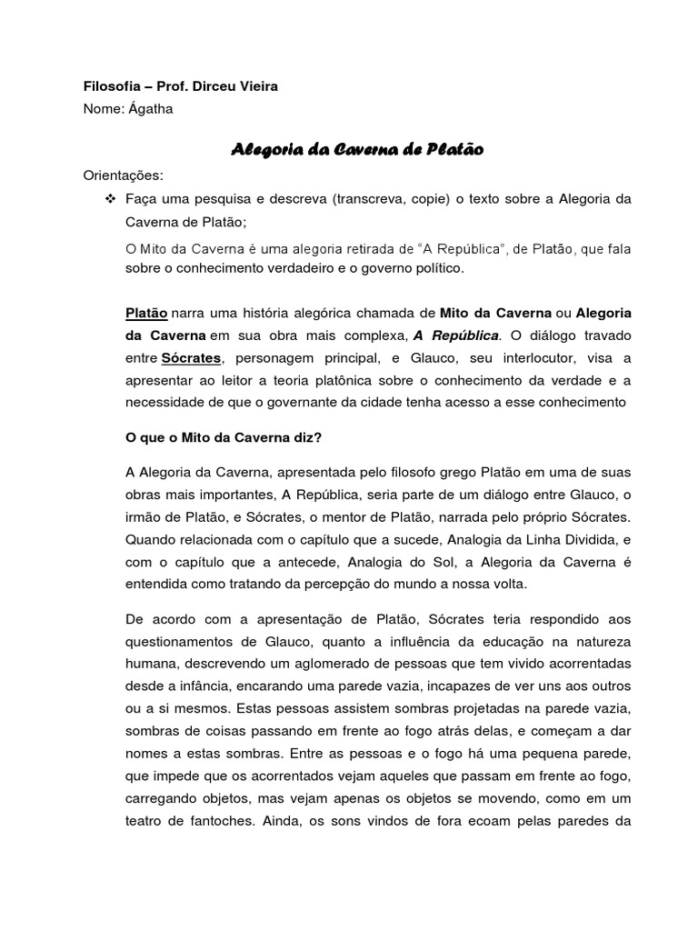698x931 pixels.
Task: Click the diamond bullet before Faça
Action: [111, 199]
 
